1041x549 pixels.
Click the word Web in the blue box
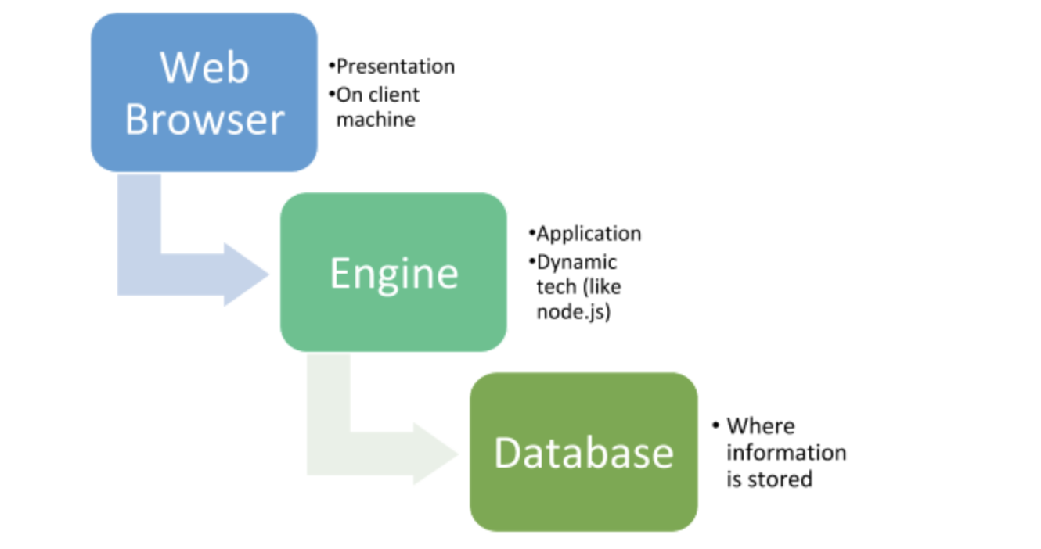(x=205, y=67)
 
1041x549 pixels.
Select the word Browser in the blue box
(x=205, y=120)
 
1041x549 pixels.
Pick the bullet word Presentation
(x=395, y=66)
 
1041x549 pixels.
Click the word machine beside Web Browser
(x=376, y=120)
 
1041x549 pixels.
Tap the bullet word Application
(x=589, y=234)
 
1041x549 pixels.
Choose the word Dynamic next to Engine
(x=577, y=261)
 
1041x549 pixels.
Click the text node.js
(x=572, y=311)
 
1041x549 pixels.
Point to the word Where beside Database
(x=760, y=426)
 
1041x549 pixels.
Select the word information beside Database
(x=786, y=453)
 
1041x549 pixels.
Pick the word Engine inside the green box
(x=394, y=274)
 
